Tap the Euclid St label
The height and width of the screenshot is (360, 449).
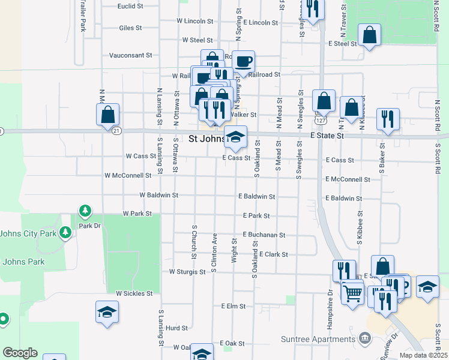(x=130, y=6)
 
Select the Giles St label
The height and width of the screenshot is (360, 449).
(x=130, y=28)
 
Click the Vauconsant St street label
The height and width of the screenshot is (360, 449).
(x=130, y=55)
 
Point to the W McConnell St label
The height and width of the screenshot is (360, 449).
(x=127, y=176)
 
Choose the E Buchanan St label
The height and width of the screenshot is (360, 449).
(x=264, y=235)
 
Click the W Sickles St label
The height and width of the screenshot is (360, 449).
(x=134, y=293)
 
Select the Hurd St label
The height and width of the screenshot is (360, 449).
(x=177, y=328)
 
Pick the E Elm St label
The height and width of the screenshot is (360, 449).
(x=233, y=306)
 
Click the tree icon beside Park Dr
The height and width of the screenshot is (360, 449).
(x=85, y=211)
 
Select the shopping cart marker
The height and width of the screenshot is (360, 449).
(x=352, y=293)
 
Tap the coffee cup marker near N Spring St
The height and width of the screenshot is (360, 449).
(x=244, y=61)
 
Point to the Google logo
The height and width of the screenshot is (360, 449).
(x=20, y=353)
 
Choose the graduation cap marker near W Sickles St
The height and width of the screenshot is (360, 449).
(x=107, y=312)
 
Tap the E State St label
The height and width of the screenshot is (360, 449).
(x=327, y=136)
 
